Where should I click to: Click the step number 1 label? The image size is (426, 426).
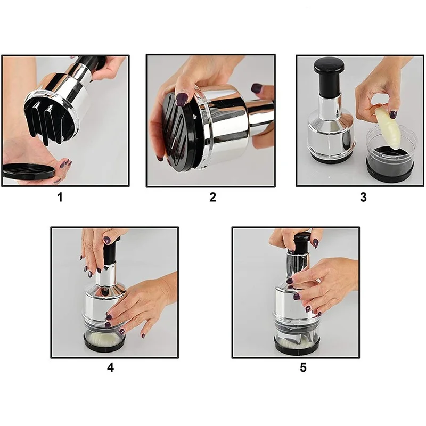(60, 197)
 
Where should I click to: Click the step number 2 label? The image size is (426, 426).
(212, 197)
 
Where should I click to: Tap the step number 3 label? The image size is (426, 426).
(363, 197)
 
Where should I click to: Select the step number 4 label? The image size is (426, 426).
(110, 367)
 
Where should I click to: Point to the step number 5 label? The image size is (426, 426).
(303, 367)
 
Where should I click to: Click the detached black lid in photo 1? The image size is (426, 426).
(29, 171)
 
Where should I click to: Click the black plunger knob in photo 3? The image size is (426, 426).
(329, 67)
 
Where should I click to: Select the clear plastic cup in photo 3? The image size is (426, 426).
(390, 155)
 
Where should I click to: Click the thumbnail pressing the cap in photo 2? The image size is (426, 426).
(180, 99)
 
